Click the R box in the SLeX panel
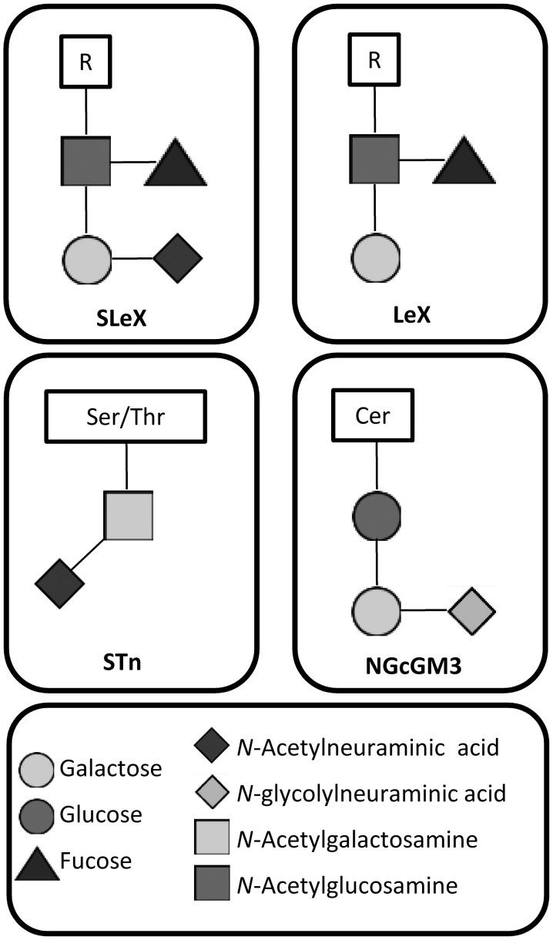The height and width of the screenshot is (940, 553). tap(85, 62)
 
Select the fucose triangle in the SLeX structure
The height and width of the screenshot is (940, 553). tap(176, 164)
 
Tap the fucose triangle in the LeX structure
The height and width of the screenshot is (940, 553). tap(464, 163)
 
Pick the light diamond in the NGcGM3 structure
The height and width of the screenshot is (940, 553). tap(472, 613)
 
